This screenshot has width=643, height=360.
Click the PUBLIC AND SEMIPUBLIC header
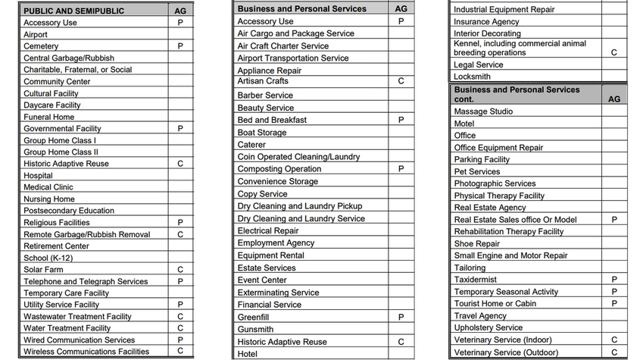tap(73, 11)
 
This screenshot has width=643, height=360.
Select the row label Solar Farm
tap(44, 269)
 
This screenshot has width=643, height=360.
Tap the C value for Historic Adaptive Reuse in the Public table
tap(180, 164)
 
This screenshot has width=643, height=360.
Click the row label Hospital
tap(38, 175)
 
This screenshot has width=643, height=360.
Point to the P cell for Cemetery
tap(180, 46)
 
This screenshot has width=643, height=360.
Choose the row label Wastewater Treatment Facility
tap(77, 316)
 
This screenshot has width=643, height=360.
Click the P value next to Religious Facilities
tap(180, 222)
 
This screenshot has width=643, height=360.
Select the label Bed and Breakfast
tap(272, 120)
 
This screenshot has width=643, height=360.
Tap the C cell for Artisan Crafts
tap(401, 81)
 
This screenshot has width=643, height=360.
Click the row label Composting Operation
tap(279, 169)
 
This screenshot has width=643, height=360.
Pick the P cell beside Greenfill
tap(401, 317)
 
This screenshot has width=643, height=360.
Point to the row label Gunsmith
tap(255, 330)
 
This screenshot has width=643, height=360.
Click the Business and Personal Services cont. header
tap(517, 94)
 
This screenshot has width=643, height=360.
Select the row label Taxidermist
tap(475, 279)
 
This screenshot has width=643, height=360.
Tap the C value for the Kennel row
tap(613, 53)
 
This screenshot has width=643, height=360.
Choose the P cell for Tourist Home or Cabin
tap(613, 303)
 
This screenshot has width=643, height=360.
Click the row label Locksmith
tap(473, 77)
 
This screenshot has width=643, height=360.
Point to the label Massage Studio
tap(483, 111)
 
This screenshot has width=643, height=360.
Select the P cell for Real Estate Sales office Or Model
tap(613, 220)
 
